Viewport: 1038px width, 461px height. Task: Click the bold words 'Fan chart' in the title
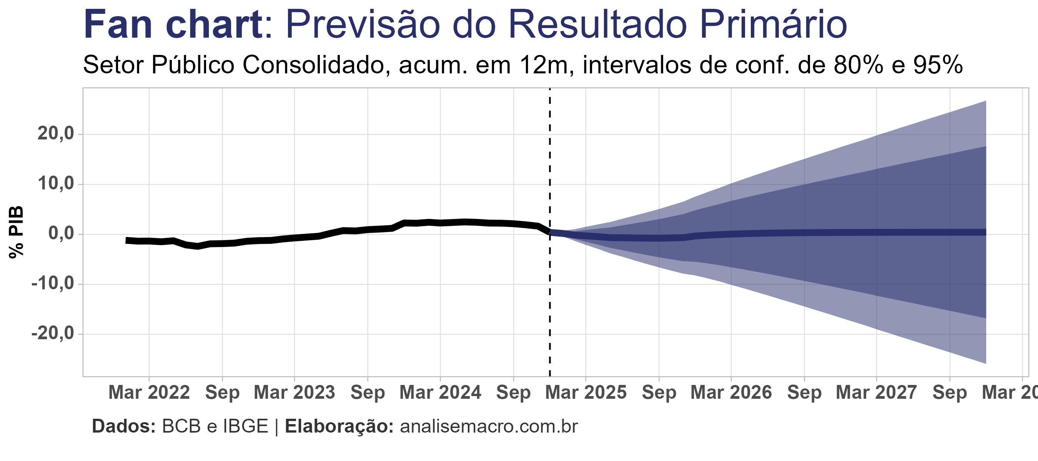click(x=173, y=25)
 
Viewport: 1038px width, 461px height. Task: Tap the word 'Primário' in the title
click(x=773, y=25)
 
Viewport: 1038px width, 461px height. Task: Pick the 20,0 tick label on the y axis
click(x=56, y=134)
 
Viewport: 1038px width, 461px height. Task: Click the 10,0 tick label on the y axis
click(x=56, y=184)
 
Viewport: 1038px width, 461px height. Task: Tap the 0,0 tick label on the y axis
click(x=61, y=234)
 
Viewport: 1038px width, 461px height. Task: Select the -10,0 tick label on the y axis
click(x=53, y=284)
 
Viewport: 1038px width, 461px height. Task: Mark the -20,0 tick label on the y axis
click(x=53, y=333)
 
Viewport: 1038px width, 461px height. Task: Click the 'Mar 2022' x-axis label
click(x=149, y=393)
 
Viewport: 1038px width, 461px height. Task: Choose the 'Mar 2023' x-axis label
click(x=294, y=393)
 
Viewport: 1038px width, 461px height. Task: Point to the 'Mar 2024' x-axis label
click(x=440, y=393)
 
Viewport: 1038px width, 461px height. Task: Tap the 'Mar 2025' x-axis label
click(x=586, y=393)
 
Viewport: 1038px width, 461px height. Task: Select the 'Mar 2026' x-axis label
click(x=731, y=393)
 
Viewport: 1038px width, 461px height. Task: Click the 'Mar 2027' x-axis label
click(x=877, y=393)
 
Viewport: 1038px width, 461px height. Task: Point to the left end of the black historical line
click(x=127, y=240)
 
